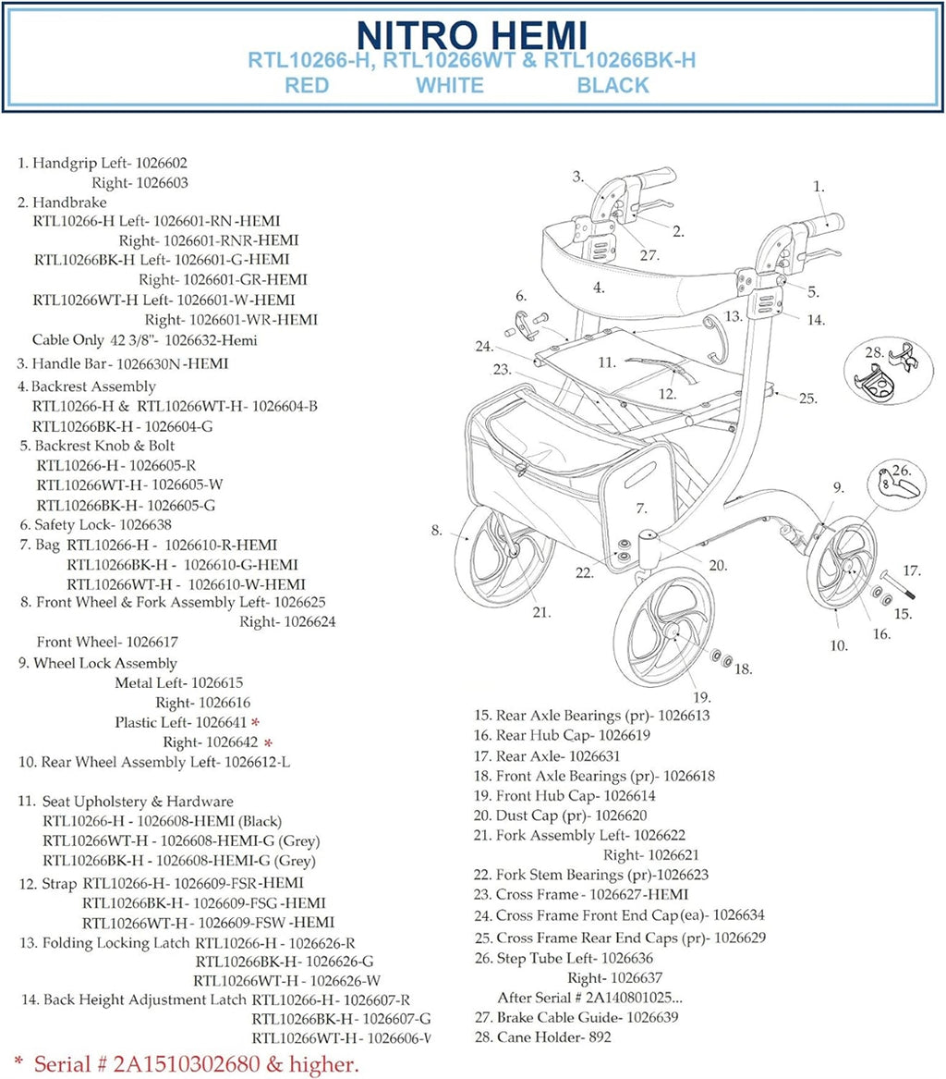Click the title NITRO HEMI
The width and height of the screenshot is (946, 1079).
click(x=471, y=34)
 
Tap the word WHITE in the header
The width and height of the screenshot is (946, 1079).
click(x=449, y=86)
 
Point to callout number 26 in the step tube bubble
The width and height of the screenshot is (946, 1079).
click(x=902, y=469)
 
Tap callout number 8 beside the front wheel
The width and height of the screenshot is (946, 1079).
click(x=436, y=531)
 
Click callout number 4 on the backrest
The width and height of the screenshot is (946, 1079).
click(x=599, y=288)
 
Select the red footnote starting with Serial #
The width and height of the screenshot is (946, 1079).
click(x=186, y=1064)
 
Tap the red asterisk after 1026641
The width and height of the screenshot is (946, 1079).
click(x=255, y=722)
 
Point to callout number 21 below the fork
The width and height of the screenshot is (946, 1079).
click(x=540, y=611)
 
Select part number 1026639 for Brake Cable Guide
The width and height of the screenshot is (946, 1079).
click(x=652, y=1017)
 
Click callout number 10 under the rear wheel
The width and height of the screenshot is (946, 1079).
click(x=838, y=646)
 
